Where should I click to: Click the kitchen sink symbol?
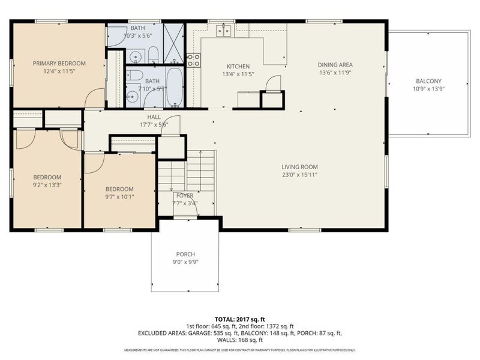coord(224,30)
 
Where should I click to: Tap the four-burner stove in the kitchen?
coord(194,59)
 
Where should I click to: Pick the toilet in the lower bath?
coord(135,76)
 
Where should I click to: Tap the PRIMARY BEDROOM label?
coord(59,64)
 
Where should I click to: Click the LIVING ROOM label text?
coord(300,167)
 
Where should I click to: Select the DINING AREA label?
coord(335,65)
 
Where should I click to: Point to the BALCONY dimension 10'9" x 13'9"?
coord(428,89)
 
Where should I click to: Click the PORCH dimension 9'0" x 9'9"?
coord(185,262)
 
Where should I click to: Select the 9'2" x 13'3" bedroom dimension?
coord(47,185)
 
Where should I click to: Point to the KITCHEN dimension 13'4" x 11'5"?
coord(238,74)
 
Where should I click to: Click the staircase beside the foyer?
coord(186,172)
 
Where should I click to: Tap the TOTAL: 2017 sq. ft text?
coord(239,319)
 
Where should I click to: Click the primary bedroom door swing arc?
coord(95,98)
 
